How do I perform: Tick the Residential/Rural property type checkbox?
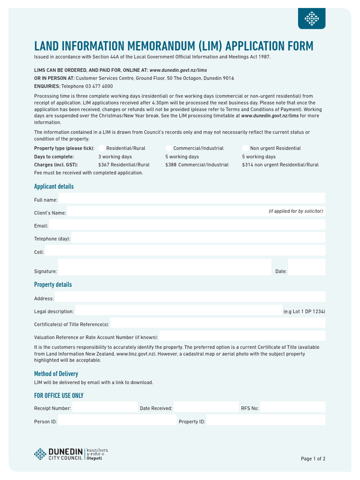tap(102, 148)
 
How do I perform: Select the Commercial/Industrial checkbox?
tap(169, 148)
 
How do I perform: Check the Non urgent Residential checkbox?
tap(246, 148)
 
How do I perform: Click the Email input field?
tap(187, 225)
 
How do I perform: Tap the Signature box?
tap(165, 267)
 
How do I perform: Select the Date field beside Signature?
tap(307, 267)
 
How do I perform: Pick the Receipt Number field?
tap(104, 407)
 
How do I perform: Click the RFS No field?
tap(292, 407)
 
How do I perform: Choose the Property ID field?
tap(265, 420)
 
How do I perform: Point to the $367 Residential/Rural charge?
tap(124, 165)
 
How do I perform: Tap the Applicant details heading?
tap(54, 187)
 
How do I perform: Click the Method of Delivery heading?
tap(56, 374)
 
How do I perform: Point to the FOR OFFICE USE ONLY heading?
tap(59, 396)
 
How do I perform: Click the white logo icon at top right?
tap(312, 19)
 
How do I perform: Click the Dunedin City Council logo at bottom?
tap(68, 453)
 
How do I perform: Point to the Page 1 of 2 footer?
tap(313, 459)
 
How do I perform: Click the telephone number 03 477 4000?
tap(96, 86)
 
